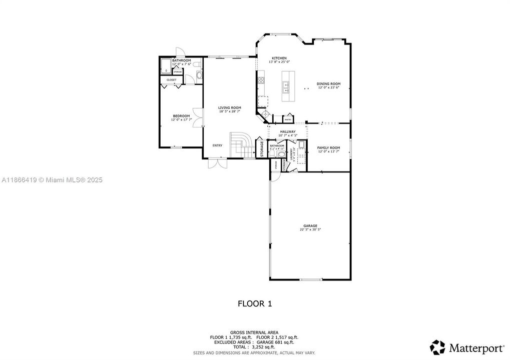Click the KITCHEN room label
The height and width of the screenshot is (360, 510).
coord(279,58)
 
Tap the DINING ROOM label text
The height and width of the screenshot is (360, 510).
coord(328,84)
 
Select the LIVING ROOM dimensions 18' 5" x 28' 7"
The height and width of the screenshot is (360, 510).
coord(230,111)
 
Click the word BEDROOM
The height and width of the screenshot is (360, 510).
coord(181,116)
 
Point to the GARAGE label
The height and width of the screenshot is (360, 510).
coord(310,226)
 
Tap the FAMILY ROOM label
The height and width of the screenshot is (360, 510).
coord(328,147)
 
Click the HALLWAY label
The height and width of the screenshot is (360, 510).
coord(288,131)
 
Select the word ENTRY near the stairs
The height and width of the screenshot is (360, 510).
coord(217,145)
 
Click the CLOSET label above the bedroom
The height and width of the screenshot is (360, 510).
coord(171,79)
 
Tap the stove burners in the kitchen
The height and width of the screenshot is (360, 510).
coord(261,80)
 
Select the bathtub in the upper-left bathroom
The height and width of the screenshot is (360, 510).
coord(166,67)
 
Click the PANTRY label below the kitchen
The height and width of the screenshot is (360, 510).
coord(288,119)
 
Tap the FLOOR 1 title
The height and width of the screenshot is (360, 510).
coord(255,303)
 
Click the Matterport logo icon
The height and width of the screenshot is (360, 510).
coord(437,346)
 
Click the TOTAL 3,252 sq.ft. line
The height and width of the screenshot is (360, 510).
coord(255,346)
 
